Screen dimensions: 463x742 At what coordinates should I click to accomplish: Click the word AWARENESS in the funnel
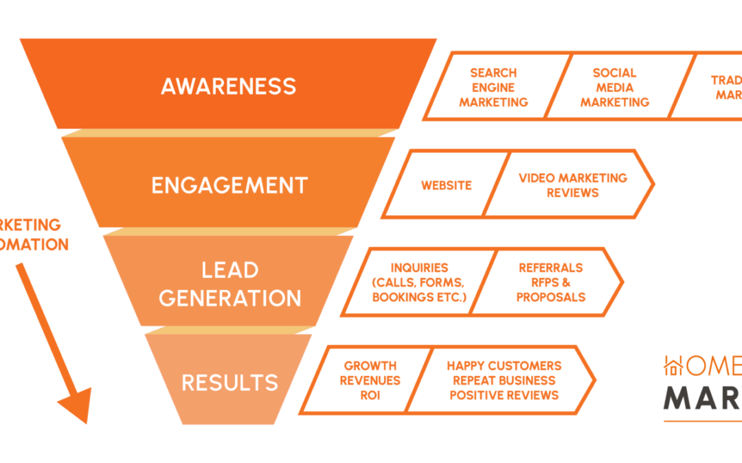pyautogui.click(x=228, y=86)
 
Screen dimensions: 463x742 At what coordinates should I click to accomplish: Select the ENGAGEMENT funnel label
pyautogui.click(x=229, y=185)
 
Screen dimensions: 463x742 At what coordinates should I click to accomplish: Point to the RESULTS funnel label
pyautogui.click(x=229, y=382)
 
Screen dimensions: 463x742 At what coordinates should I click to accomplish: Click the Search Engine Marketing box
pyautogui.click(x=494, y=87)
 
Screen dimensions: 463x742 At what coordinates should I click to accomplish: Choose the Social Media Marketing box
pyautogui.click(x=614, y=87)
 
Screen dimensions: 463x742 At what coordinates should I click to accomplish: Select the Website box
pyautogui.click(x=446, y=185)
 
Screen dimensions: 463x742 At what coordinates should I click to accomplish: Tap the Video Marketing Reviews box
pyautogui.click(x=572, y=185)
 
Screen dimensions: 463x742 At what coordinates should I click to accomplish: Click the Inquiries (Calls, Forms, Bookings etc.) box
pyautogui.click(x=418, y=283)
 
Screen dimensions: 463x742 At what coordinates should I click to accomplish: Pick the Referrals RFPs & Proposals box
pyautogui.click(x=550, y=283)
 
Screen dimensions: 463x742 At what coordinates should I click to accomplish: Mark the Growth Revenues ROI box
pyautogui.click(x=370, y=380)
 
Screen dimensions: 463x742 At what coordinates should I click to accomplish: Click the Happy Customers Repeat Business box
pyautogui.click(x=504, y=380)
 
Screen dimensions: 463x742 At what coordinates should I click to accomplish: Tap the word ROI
pyautogui.click(x=370, y=395)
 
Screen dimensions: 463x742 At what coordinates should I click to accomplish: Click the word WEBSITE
pyautogui.click(x=446, y=185)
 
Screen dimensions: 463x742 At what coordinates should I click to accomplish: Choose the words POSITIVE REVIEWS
pyautogui.click(x=504, y=395)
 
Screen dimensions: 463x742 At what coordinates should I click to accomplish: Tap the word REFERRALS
pyautogui.click(x=550, y=268)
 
